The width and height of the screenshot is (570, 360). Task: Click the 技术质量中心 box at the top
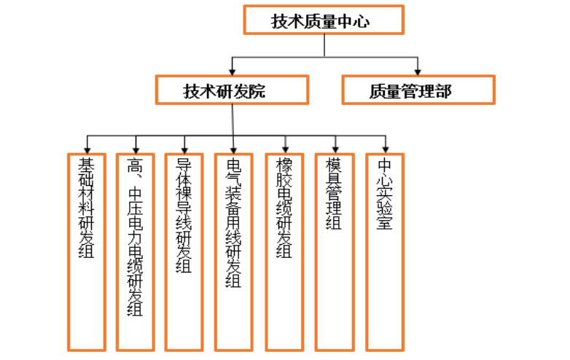coord(323,20)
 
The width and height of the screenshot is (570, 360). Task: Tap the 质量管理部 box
coord(418,90)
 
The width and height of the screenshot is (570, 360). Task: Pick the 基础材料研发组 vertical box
coord(87,251)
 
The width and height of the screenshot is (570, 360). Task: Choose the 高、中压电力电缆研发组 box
coord(136,251)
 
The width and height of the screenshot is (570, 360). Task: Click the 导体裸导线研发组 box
coord(186,251)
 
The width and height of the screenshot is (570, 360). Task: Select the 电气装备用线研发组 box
coord(235,251)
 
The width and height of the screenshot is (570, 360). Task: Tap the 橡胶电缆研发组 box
coord(285,251)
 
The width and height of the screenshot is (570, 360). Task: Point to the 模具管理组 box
coord(335,251)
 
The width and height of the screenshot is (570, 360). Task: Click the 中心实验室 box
coord(385,251)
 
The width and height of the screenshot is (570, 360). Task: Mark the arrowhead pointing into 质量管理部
coord(418,72)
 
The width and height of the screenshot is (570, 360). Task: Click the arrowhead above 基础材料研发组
coord(87,148)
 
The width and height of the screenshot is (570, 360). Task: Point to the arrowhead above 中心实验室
coord(386,148)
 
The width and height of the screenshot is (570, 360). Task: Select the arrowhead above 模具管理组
coord(335,148)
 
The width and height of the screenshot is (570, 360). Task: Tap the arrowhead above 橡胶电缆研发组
coord(286,148)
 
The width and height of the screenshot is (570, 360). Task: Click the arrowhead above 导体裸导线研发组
coord(186,148)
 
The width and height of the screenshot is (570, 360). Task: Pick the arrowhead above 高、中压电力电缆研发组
coord(136,148)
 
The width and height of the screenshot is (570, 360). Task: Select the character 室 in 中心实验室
coord(385,222)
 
